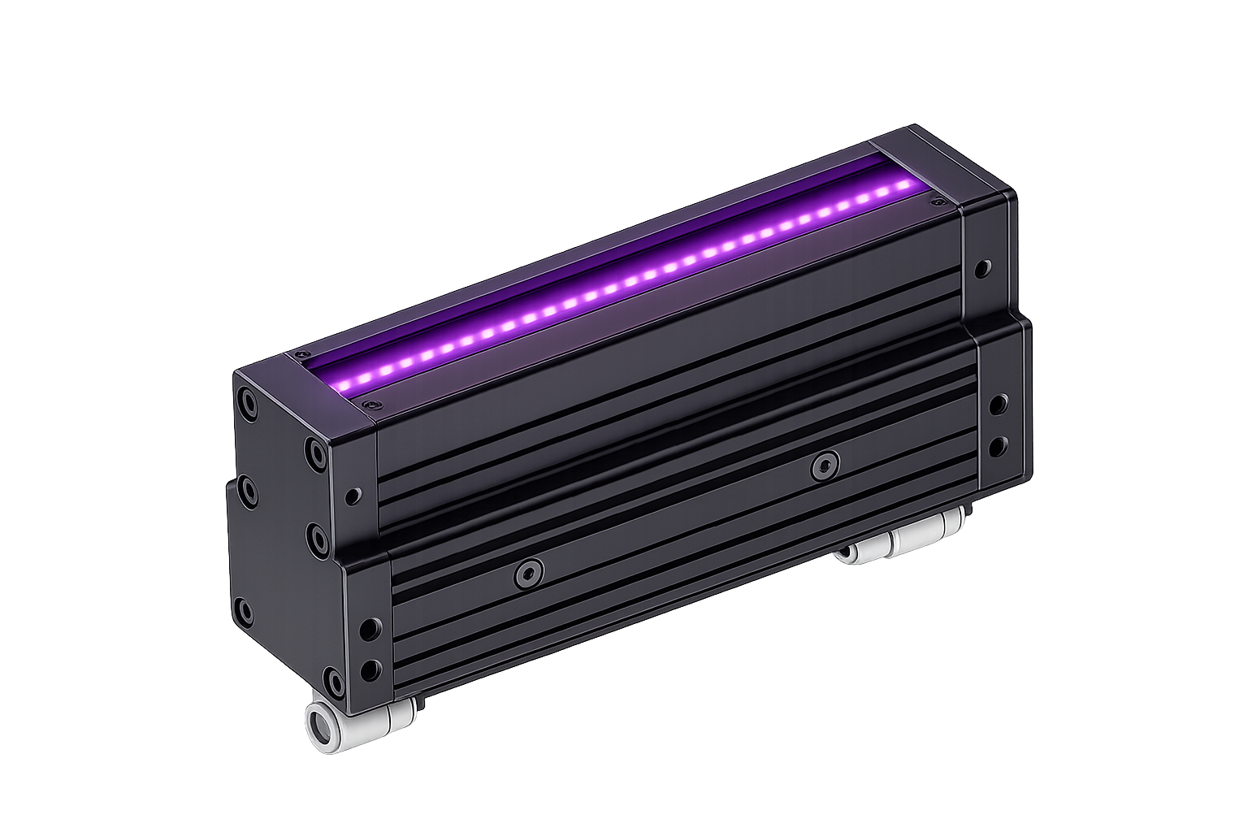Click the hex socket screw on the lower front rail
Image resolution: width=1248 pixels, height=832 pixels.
tap(529, 574)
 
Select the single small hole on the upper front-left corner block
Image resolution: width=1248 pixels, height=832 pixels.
tap(353, 494)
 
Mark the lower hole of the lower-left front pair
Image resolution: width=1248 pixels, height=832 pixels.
tap(370, 669)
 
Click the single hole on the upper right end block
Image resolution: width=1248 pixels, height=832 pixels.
tap(983, 267)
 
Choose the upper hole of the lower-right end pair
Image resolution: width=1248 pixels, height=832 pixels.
tap(999, 404)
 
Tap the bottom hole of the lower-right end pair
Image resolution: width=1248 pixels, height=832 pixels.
tap(999, 445)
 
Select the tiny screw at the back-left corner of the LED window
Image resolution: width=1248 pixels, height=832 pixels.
tap(301, 355)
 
